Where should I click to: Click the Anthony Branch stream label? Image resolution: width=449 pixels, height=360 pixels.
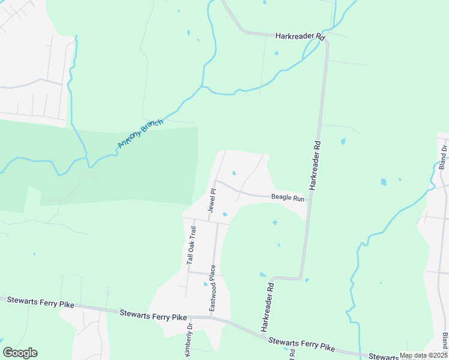pos(140,133)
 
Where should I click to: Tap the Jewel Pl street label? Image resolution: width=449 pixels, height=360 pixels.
pos(211,199)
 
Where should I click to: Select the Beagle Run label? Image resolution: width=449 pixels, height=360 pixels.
pos(288,197)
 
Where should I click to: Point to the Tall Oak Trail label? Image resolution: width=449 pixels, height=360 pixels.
pos(191,245)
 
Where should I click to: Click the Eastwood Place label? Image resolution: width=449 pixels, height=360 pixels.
pos(212,287)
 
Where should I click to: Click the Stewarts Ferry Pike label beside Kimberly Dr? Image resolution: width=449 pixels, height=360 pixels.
pos(153,313)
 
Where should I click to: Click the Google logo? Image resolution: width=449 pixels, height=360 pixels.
pos(20,353)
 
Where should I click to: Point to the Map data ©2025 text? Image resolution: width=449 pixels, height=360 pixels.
pos(423,355)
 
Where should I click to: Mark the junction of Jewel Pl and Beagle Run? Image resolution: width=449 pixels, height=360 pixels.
pos(215,181)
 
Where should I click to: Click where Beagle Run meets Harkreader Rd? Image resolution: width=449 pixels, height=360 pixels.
pos(308,200)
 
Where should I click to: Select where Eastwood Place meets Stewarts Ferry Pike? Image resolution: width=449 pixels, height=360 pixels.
pos(211,317)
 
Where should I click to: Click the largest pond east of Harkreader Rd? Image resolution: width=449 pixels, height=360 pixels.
pos(383,182)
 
